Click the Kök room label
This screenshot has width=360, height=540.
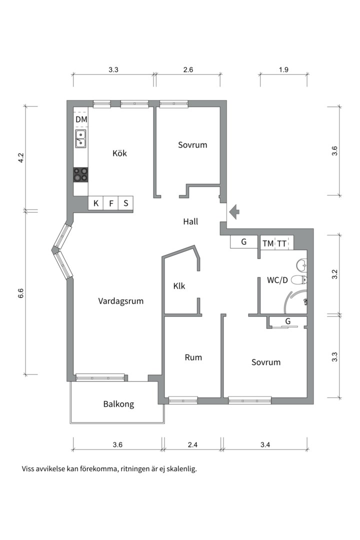click(x=119, y=153)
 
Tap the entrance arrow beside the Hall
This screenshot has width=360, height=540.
click(x=233, y=212)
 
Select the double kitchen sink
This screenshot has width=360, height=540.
click(x=80, y=139)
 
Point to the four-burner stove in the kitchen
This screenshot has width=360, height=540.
click(x=80, y=174)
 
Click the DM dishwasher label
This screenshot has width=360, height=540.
click(x=81, y=119)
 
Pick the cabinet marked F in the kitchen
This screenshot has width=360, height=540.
click(x=111, y=203)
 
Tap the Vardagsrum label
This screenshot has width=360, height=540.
click(x=121, y=301)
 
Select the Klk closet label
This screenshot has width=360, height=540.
click(x=179, y=286)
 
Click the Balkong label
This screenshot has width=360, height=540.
click(x=118, y=404)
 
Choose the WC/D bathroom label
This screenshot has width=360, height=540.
click(x=277, y=280)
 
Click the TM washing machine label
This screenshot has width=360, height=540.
click(x=268, y=243)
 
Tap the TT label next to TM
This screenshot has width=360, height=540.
click(x=282, y=243)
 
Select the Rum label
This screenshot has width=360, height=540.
click(x=193, y=357)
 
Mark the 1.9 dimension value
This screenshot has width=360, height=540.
click(x=283, y=70)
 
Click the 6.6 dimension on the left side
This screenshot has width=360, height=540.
click(x=21, y=293)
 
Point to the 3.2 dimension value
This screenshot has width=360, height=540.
click(x=334, y=274)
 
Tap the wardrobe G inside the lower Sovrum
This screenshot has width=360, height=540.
click(x=288, y=321)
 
